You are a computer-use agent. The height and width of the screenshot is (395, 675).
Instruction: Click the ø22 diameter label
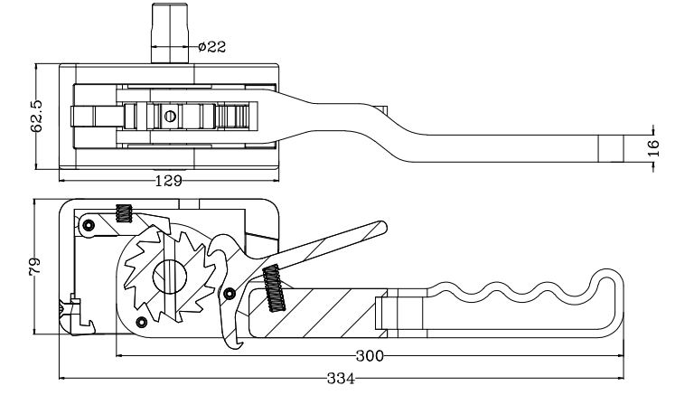point(211,46)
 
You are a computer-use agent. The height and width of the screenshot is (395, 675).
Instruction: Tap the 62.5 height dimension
point(36,117)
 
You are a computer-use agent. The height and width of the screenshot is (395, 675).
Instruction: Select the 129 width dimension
point(168,181)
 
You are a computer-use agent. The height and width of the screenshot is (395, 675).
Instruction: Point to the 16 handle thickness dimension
point(653,147)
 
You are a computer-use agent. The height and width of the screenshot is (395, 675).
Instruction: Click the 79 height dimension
point(34,267)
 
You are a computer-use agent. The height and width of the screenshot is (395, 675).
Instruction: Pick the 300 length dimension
point(370,356)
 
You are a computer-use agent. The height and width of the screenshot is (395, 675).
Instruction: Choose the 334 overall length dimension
point(341,379)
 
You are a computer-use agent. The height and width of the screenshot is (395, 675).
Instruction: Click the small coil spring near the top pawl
point(124,212)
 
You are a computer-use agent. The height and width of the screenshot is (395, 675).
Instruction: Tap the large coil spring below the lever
point(274,288)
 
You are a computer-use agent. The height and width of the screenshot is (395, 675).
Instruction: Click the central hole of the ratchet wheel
point(170,277)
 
